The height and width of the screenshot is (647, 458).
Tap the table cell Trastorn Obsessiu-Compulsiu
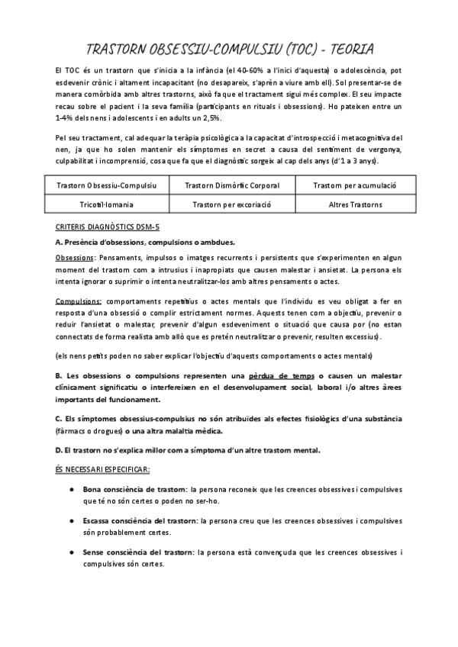(x=107, y=185)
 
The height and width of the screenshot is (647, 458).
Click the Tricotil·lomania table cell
(x=107, y=204)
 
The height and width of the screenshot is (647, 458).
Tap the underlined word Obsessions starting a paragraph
(x=74, y=258)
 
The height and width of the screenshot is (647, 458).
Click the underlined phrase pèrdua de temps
(x=282, y=376)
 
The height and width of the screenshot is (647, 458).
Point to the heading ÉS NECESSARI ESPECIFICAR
(x=103, y=468)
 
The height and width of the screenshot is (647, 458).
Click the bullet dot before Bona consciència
(x=70, y=489)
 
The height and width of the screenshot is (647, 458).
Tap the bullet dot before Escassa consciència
(x=70, y=520)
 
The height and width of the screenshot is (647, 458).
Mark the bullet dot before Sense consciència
(x=70, y=552)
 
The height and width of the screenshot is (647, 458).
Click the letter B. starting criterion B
(x=59, y=376)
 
